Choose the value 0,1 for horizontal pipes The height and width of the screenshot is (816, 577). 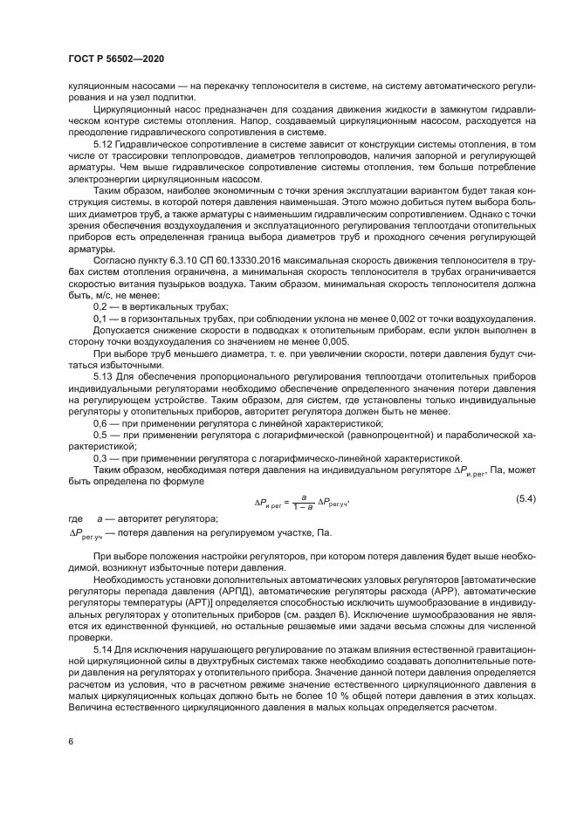100,320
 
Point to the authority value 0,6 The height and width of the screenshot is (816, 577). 100,422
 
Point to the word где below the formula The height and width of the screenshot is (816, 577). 75,518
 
